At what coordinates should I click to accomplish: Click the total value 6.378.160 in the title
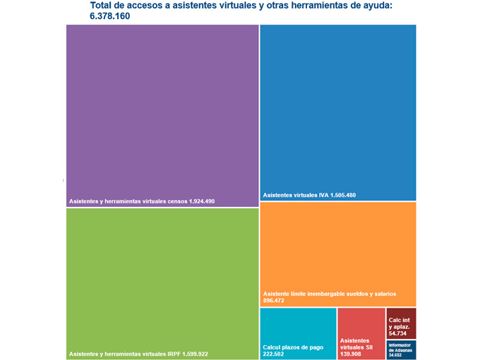(109, 16)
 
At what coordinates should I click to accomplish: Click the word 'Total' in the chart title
(102, 6)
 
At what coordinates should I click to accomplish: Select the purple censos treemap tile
(162, 113)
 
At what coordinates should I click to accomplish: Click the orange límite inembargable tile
(337, 247)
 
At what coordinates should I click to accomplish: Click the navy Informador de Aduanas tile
(401, 349)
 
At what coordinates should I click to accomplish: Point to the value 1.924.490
(202, 202)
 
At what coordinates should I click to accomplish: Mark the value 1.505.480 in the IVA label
(343, 196)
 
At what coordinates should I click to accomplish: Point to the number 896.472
(273, 301)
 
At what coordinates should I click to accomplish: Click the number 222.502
(274, 354)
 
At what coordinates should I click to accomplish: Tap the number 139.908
(351, 354)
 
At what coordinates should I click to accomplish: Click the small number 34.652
(395, 355)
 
